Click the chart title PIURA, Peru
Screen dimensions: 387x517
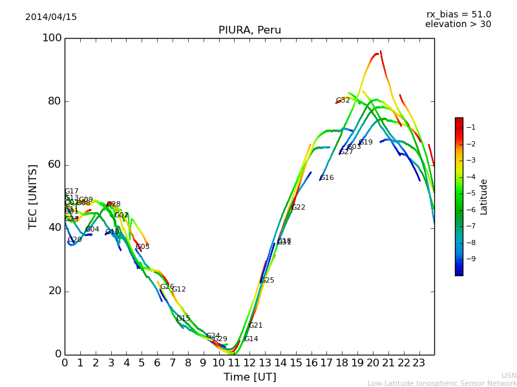[249, 30]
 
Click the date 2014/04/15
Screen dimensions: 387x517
[51, 17]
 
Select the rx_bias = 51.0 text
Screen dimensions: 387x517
[459, 15]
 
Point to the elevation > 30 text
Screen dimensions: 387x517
[458, 25]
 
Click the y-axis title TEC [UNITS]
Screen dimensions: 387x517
[33, 196]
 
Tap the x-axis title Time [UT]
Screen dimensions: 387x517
[249, 377]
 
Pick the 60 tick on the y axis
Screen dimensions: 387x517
[54, 164]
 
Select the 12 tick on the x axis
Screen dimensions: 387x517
[249, 362]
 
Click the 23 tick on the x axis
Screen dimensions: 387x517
[419, 362]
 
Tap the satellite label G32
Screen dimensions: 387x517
[343, 101]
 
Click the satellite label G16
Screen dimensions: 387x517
[327, 178]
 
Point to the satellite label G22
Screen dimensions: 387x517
[298, 208]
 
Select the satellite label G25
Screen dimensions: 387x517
[267, 281]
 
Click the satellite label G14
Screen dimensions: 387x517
[251, 339]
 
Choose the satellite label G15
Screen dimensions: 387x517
[183, 319]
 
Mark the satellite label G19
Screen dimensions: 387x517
[366, 143]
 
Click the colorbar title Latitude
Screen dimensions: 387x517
[484, 197]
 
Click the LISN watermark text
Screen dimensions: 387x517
[509, 375]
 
